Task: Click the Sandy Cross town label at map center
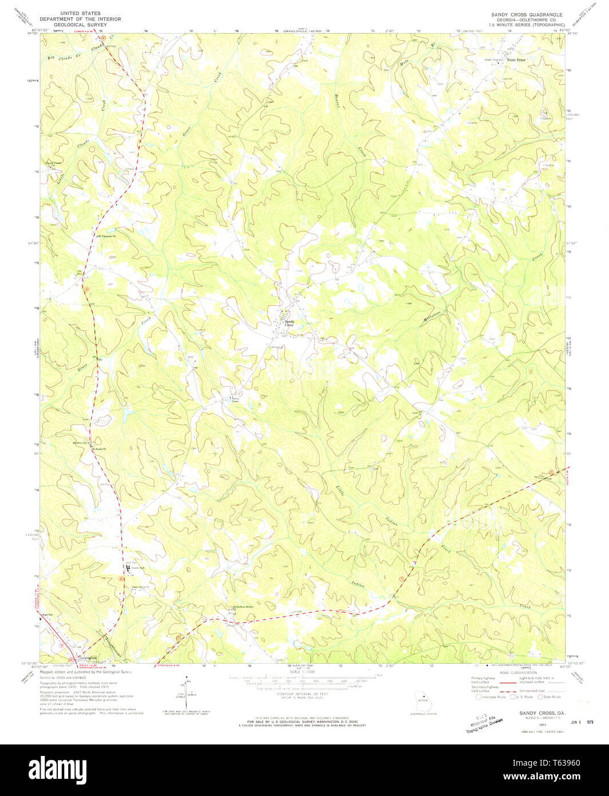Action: [291, 324]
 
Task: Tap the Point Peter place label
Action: [517, 59]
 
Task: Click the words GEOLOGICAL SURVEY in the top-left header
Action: [80, 25]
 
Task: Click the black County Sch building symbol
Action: [127, 567]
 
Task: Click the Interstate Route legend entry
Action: [492, 697]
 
